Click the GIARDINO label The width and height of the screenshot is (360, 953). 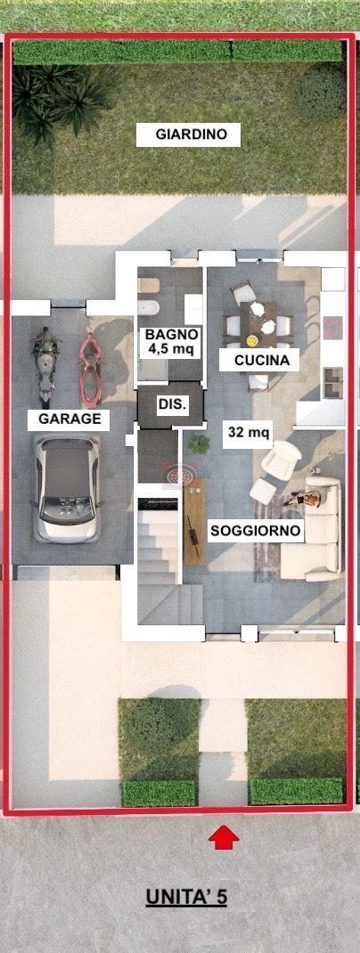[188, 134]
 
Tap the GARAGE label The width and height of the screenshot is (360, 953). [70, 419]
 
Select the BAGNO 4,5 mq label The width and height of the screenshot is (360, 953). [171, 342]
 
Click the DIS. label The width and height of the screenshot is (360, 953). [172, 404]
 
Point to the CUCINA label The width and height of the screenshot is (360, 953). [259, 361]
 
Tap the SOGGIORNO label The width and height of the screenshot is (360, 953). [256, 531]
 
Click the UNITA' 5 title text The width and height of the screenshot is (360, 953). [186, 897]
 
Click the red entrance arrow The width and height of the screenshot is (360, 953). [224, 836]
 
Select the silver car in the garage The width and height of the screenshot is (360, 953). [68, 489]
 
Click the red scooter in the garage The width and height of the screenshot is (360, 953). [91, 371]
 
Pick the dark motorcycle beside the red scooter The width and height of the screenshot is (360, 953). [45, 366]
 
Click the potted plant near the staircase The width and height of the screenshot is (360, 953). [199, 444]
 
